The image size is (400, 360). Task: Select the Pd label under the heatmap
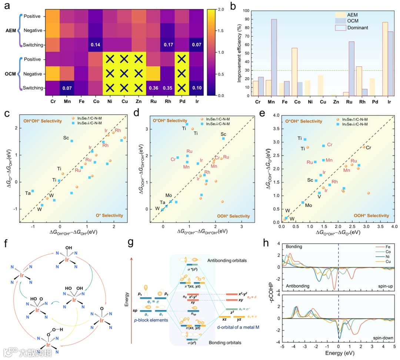pyautogui.click(x=182, y=101)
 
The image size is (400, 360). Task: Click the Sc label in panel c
pyautogui.click(x=66, y=138)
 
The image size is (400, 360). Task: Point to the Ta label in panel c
pyautogui.click(x=28, y=193)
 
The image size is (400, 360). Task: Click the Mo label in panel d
pyautogui.click(x=169, y=196)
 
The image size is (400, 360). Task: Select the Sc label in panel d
pyautogui.click(x=223, y=134)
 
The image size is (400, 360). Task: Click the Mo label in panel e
pyautogui.click(x=308, y=205)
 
